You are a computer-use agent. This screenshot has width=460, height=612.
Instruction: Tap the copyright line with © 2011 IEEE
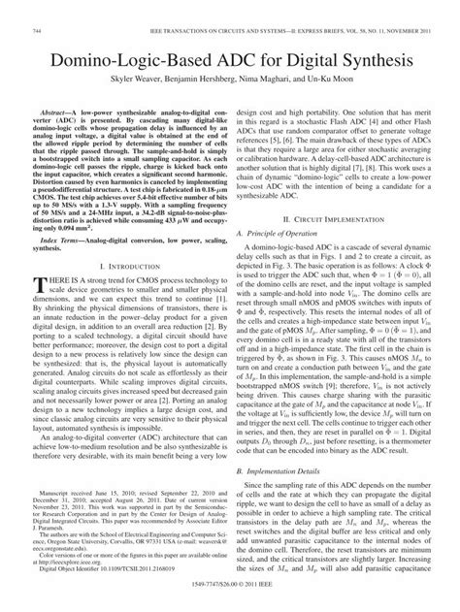(x=230, y=604)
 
